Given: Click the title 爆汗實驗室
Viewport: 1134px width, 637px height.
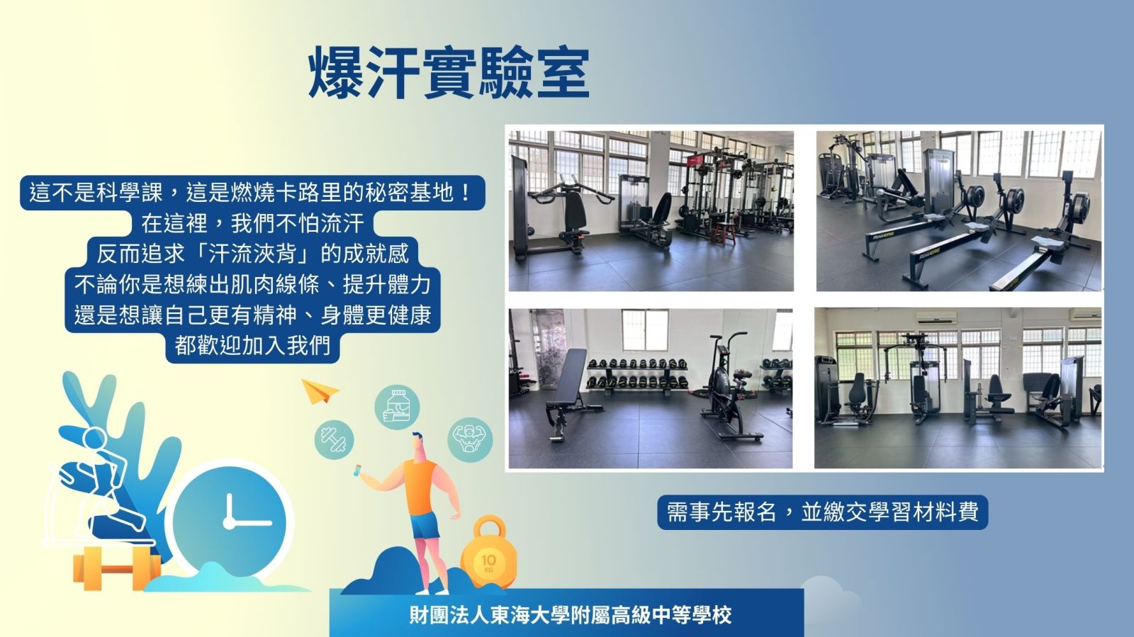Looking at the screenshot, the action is click(x=449, y=73).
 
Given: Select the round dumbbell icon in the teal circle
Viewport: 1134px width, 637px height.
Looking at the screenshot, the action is click(x=334, y=439).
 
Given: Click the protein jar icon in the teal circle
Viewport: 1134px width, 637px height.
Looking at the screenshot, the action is click(x=398, y=407).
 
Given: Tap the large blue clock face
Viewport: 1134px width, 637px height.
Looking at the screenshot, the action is click(x=230, y=522).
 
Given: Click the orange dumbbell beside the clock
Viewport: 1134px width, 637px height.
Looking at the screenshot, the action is click(x=116, y=568).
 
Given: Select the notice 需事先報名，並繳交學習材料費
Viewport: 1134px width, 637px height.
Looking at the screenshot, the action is click(x=823, y=512).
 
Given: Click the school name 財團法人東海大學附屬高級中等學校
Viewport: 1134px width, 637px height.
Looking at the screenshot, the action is click(x=571, y=615).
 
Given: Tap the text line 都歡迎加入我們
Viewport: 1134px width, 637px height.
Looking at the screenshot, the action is click(x=252, y=346).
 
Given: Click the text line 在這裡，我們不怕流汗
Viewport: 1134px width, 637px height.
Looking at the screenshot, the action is click(x=252, y=223).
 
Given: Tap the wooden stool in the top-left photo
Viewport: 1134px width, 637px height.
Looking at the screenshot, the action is click(x=724, y=232).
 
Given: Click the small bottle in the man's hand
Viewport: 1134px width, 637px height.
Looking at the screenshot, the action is click(x=357, y=470).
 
